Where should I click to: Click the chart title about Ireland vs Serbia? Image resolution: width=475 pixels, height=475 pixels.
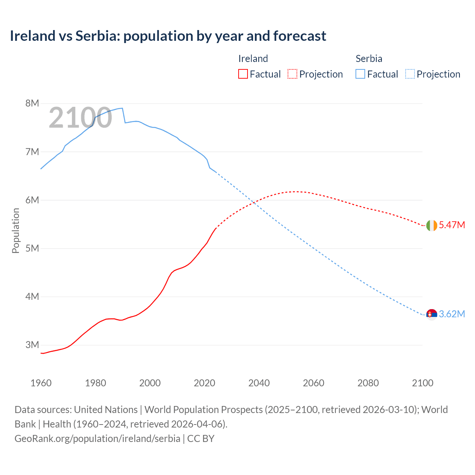[x=168, y=36]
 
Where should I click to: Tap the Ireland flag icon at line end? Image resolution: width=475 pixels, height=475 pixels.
[x=432, y=225]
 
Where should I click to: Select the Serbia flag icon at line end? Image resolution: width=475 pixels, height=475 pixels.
[x=432, y=314]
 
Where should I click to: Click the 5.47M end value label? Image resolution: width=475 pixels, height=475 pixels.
[x=452, y=225]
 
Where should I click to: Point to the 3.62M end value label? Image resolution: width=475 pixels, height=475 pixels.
[x=452, y=314]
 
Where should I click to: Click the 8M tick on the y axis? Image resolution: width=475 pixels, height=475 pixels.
[x=32, y=104]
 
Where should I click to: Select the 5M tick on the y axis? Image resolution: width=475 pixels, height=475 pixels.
[x=32, y=248]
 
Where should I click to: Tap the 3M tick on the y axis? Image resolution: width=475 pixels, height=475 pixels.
[x=32, y=345]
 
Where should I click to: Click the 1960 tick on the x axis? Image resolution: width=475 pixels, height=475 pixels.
[x=41, y=383]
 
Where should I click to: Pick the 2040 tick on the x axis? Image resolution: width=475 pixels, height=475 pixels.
[x=259, y=383]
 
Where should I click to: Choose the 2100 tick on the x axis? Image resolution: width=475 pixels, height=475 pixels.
[x=423, y=383]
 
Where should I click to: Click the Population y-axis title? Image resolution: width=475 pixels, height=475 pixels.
[x=16, y=230]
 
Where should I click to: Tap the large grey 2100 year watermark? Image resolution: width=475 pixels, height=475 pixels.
[x=80, y=118]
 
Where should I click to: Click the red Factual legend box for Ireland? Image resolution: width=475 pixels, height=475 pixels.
[x=243, y=74]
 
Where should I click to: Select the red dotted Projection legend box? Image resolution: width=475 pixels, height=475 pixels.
[x=292, y=74]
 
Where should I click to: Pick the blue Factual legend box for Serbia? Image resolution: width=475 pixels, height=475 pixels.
[x=360, y=74]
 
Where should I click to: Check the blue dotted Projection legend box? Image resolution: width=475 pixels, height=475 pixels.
[x=410, y=74]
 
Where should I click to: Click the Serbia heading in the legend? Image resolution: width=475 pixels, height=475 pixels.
[x=369, y=59]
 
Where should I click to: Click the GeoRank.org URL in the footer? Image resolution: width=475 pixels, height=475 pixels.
[x=97, y=439]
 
